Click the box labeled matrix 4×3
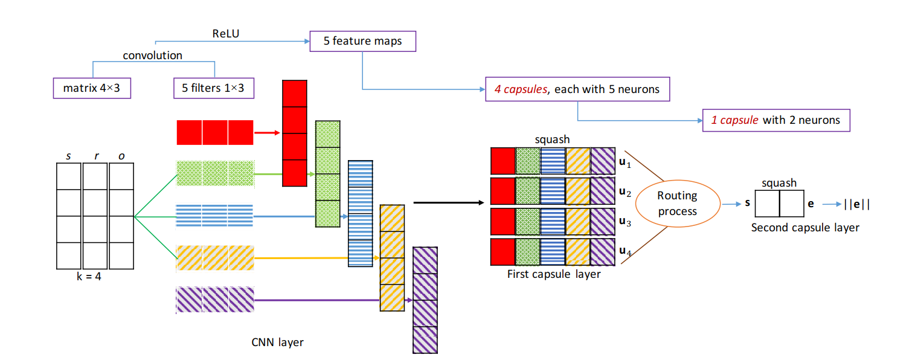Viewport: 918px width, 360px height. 92,89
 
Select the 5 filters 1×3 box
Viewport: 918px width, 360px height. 213,89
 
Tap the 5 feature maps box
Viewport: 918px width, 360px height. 362,41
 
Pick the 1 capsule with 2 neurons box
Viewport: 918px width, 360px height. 776,120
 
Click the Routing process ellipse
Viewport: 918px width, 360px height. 677,204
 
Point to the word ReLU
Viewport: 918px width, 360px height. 225,34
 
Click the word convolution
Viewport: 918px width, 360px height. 152,56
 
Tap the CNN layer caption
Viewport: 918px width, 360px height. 277,342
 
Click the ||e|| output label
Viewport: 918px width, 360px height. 857,204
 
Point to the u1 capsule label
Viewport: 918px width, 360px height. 625,164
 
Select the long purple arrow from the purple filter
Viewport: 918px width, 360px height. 333,300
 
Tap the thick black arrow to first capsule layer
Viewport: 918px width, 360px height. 451,203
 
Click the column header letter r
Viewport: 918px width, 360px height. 95,156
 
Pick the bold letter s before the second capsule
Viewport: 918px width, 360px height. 747,203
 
